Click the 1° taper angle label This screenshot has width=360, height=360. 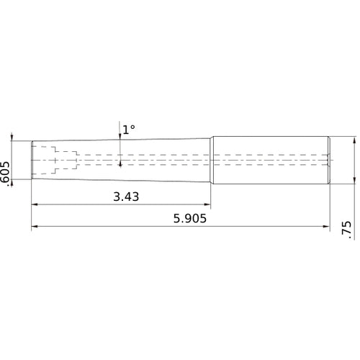[128, 130]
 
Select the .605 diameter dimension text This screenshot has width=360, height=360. [6, 174]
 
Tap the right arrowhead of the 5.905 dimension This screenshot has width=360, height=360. [325, 228]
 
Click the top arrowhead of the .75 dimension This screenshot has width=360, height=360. [354, 141]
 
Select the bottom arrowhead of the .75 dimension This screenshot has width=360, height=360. [354, 180]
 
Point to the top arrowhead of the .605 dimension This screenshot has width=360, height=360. [12, 137]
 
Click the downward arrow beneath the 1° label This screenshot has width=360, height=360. [120, 139]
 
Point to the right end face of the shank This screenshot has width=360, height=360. [330, 160]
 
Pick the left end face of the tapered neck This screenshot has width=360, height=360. [32, 160]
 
